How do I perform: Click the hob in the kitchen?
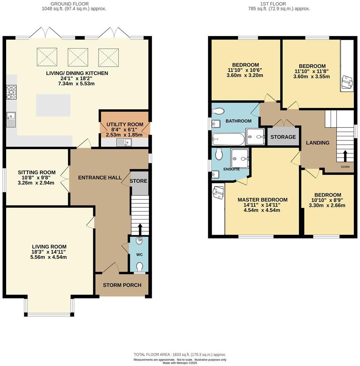point(11,91)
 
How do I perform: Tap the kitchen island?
point(53,105)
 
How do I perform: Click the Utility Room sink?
point(124,143)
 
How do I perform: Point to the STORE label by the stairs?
point(139,181)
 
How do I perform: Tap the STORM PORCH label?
point(122,285)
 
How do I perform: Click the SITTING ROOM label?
point(37,172)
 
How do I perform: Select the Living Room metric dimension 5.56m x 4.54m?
point(49,257)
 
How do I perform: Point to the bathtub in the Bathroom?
point(228,139)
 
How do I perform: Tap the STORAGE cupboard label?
point(283,137)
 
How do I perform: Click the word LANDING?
point(317,143)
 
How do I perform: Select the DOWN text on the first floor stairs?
point(345,167)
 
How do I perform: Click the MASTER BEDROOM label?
point(262,199)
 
